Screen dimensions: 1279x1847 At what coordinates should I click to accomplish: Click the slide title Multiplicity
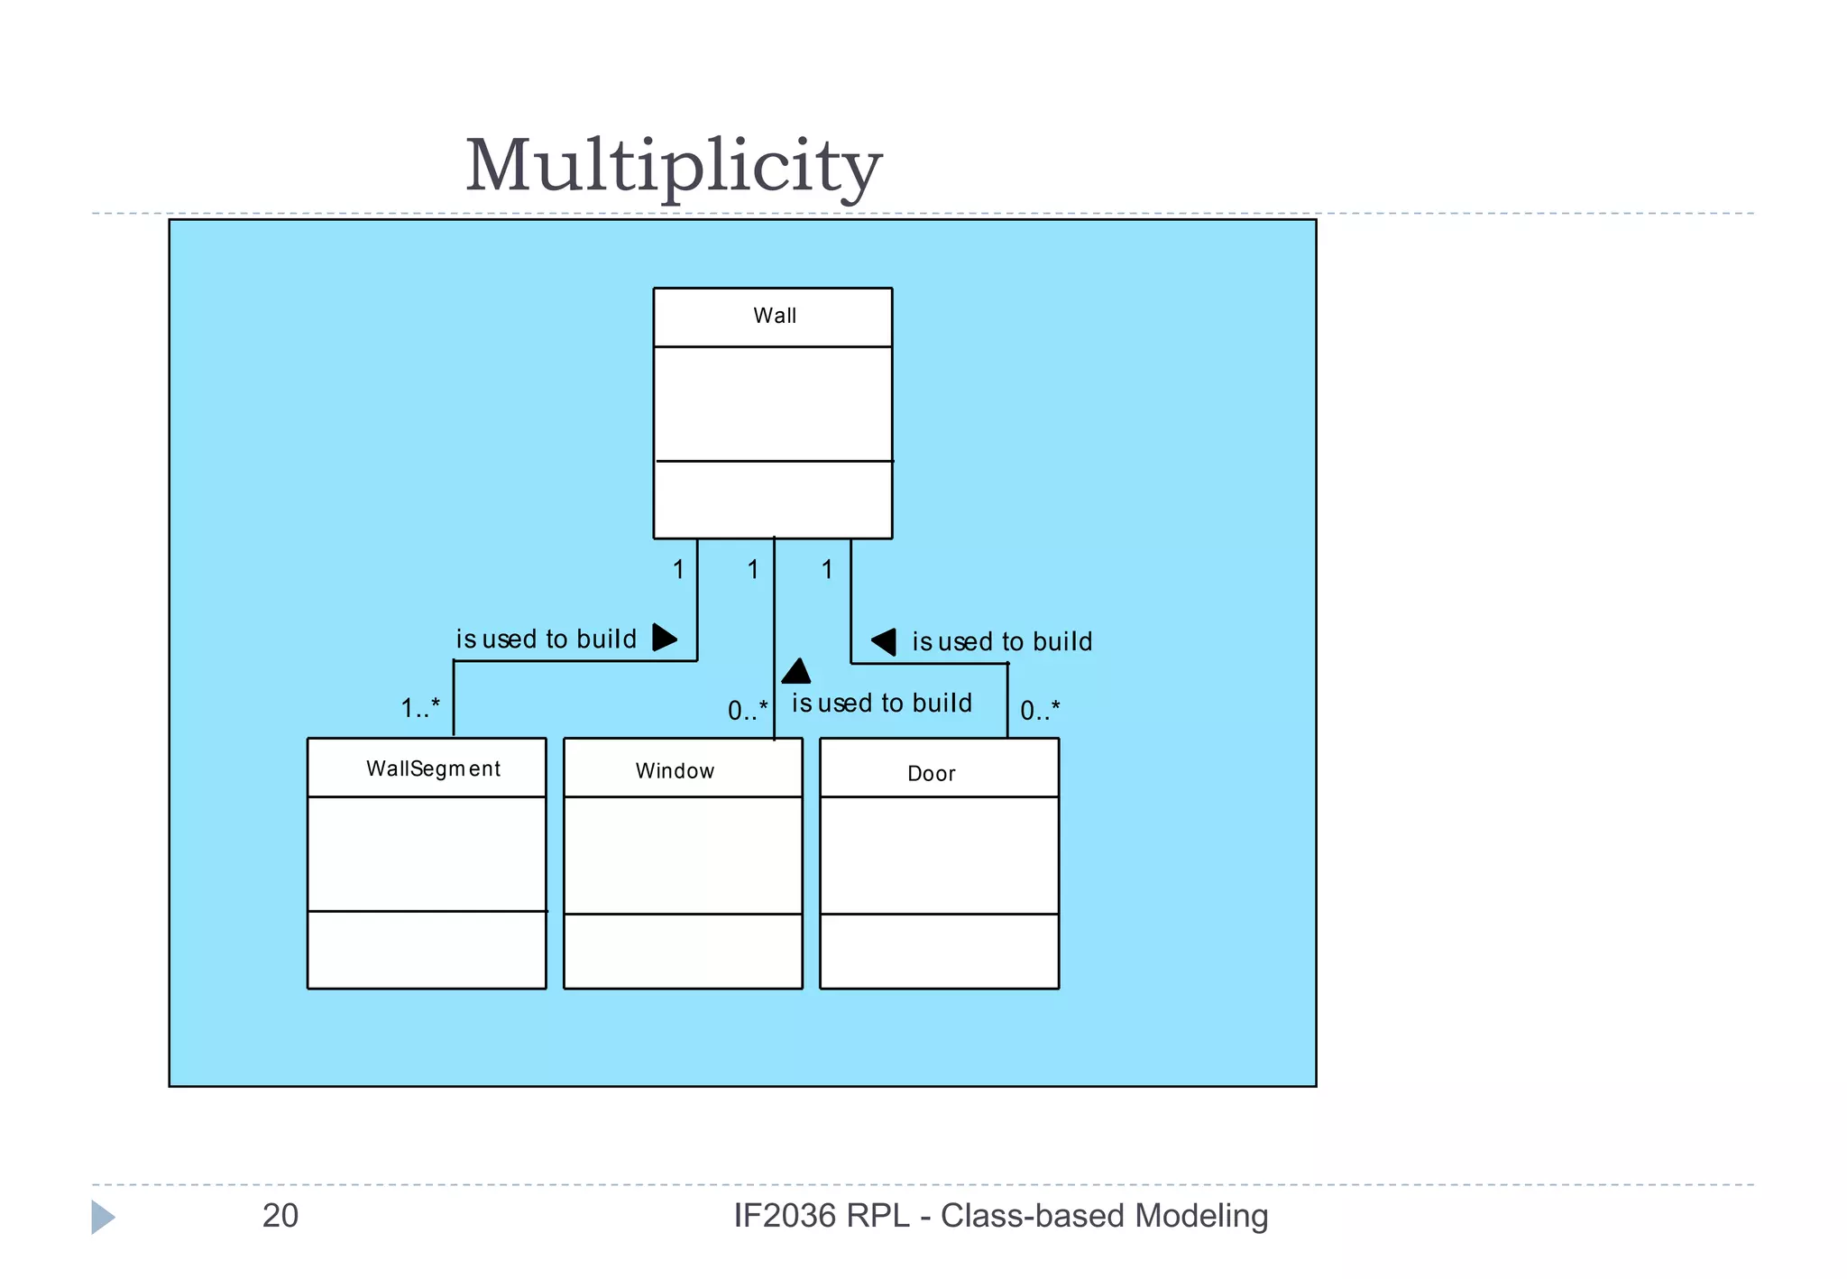pos(673,167)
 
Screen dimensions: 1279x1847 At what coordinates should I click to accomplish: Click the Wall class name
pos(775,316)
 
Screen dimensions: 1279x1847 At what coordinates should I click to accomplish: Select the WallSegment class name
pos(433,768)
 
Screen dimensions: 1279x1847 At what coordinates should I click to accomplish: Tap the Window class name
pos(675,771)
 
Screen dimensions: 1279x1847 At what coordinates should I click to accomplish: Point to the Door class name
pos(931,774)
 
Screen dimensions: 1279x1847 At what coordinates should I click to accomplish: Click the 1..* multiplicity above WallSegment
pos(420,708)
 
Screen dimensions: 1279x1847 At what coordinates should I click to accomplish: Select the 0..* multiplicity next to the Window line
pos(748,711)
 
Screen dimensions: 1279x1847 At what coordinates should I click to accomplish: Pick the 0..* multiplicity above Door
pos(1040,711)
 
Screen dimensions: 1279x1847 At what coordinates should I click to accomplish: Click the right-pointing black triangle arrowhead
pos(664,638)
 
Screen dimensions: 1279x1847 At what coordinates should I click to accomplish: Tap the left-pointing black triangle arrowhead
pos(885,641)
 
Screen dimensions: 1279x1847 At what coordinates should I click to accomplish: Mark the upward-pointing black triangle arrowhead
pos(795,672)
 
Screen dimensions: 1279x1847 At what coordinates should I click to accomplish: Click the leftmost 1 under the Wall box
pos(678,569)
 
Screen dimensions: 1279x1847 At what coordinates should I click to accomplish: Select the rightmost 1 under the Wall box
pos(827,569)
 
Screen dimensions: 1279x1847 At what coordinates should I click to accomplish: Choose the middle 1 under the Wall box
pos(753,569)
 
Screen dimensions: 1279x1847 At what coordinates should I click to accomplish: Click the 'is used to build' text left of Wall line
pos(547,639)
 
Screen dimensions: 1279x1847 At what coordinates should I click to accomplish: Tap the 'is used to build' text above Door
pos(1002,642)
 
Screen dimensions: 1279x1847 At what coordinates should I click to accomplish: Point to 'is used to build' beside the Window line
pos(882,704)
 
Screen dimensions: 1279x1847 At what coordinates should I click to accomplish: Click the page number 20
pos(280,1216)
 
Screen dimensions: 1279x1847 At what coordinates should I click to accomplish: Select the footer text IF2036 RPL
pos(821,1216)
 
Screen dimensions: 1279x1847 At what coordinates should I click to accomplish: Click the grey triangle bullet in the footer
pos(102,1217)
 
